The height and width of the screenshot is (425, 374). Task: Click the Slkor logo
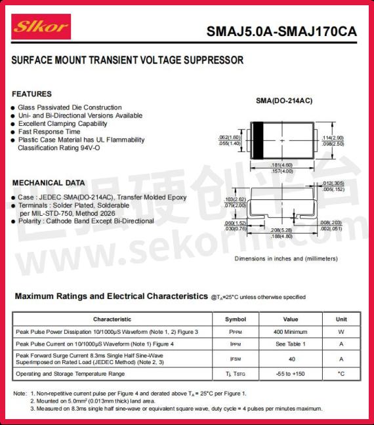[41, 27]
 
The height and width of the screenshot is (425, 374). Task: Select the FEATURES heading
[31, 94]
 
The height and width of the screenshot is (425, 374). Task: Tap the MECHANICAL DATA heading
[49, 182]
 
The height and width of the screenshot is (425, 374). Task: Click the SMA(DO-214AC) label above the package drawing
[283, 100]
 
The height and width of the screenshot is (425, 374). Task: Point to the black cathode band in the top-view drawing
[258, 140]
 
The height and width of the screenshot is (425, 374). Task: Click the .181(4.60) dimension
[281, 165]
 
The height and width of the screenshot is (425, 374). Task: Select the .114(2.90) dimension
[332, 138]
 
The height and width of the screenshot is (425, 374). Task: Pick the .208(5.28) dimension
[281, 230]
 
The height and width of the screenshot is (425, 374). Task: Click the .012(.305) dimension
[333, 183]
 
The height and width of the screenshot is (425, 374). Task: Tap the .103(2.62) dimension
[234, 199]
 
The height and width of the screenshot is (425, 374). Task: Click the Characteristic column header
[112, 319]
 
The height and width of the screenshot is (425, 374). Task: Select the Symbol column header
[236, 319]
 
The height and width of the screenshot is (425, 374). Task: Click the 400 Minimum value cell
[291, 332]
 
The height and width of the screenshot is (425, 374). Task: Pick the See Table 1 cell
[291, 344]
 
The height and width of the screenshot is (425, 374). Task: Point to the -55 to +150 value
[291, 374]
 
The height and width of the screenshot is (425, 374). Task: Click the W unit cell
[341, 332]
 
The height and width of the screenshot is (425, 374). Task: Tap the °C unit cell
[341, 374]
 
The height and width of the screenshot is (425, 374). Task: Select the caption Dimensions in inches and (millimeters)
[286, 258]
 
